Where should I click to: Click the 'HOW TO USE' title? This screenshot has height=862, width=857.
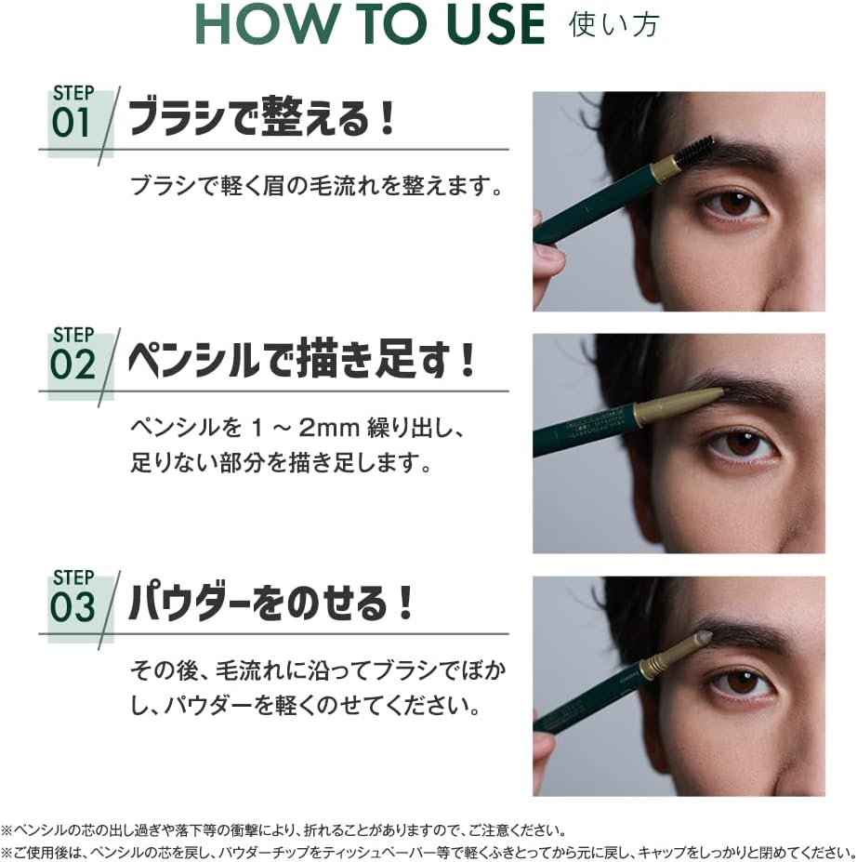click(x=370, y=26)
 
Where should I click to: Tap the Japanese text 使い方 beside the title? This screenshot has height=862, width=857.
click(x=613, y=25)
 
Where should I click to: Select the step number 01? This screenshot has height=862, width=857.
click(x=72, y=124)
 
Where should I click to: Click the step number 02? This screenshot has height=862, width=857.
click(x=73, y=365)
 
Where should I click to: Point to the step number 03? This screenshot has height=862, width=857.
click(x=73, y=607)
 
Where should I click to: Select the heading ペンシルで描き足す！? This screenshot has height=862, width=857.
click(x=302, y=362)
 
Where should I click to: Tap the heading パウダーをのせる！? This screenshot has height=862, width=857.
click(x=270, y=603)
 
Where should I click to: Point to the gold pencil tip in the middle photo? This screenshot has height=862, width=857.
click(x=693, y=401)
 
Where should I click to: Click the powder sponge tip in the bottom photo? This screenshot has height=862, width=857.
click(x=703, y=638)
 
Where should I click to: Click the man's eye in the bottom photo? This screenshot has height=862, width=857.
click(x=743, y=683)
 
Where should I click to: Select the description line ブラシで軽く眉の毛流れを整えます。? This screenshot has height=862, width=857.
click(x=317, y=186)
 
